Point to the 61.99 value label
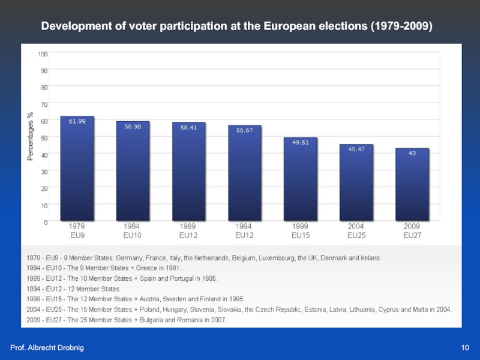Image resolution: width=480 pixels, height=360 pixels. [x=77, y=121]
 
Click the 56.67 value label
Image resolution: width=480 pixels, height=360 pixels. [x=244, y=130]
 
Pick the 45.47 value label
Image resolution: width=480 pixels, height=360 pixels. [x=356, y=149]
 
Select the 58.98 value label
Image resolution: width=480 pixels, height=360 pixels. [x=133, y=126]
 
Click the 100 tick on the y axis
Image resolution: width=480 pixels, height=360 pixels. [x=43, y=54]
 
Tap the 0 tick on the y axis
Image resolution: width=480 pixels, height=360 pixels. [x=46, y=222]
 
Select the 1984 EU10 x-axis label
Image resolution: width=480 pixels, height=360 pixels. [x=132, y=231]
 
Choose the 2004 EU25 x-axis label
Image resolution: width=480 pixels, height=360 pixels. [x=356, y=231]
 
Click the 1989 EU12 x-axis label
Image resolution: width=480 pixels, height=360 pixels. [x=188, y=231]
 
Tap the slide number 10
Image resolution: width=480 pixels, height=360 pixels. [x=465, y=348]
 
